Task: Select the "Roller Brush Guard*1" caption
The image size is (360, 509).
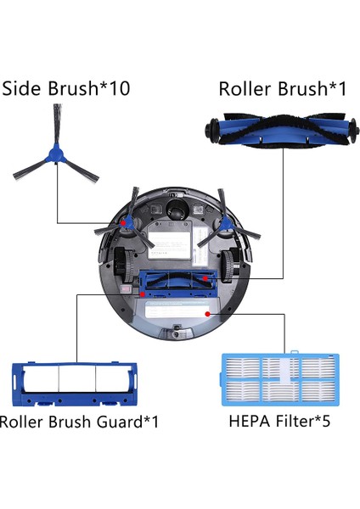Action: point(79,421)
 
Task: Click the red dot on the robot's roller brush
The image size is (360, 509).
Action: point(205,277)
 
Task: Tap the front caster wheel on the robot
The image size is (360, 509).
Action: point(177,209)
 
